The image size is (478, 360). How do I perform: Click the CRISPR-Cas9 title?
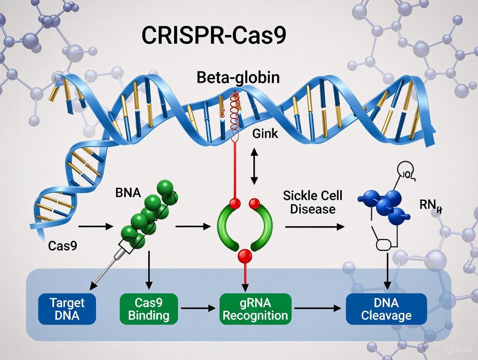[214, 36]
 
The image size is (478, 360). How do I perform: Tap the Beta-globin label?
[238, 78]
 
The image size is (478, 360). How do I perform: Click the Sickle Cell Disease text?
[313, 202]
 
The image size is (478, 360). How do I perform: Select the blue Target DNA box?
[67, 309]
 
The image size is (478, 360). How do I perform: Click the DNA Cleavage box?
[386, 309]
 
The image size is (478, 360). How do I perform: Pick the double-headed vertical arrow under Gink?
[254, 166]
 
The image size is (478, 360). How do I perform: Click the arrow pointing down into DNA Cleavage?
[388, 270]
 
